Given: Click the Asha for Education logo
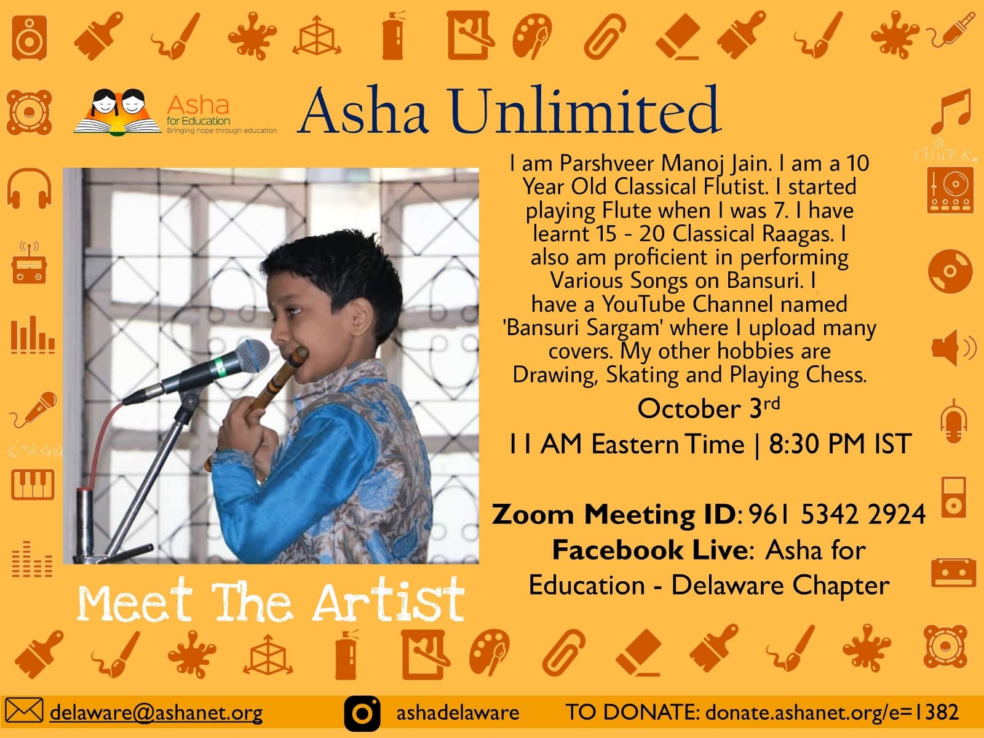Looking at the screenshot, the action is (x=175, y=112).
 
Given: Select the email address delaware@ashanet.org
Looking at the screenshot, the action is (x=156, y=712).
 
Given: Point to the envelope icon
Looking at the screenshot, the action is (x=24, y=710).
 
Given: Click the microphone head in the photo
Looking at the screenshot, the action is (x=252, y=356).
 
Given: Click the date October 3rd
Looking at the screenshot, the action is (x=708, y=408).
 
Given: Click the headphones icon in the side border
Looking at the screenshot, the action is (x=29, y=189).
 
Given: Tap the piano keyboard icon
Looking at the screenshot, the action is (x=33, y=485).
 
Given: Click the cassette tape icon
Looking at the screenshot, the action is (x=953, y=573).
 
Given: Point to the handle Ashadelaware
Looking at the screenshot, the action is (x=458, y=712).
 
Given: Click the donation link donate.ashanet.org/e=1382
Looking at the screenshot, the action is (x=832, y=712).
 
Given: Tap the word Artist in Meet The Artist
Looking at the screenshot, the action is (x=389, y=600).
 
